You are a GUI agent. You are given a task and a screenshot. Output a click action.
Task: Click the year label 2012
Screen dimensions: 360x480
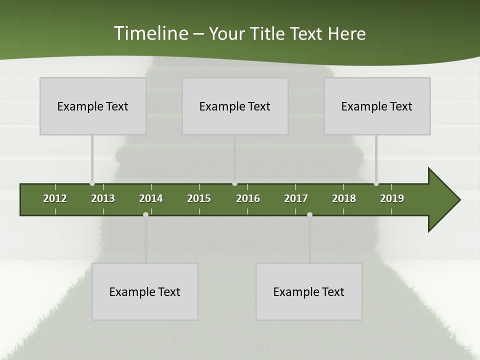(55, 198)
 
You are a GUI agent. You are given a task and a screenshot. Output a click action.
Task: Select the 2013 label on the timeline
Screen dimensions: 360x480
(103, 198)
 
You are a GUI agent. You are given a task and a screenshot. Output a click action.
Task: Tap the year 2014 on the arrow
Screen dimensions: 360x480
(151, 198)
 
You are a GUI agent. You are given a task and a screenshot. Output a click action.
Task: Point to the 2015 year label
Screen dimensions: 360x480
(199, 198)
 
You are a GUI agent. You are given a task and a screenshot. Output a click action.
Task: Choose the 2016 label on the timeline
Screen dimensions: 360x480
(248, 198)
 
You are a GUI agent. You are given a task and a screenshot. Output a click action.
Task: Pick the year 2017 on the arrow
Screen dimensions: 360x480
(296, 198)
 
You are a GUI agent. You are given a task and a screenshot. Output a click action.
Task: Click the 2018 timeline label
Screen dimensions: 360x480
(344, 198)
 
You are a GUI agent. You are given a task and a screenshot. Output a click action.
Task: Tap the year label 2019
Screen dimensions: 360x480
(392, 198)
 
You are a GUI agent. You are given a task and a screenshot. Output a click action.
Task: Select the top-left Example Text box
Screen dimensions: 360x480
(93, 106)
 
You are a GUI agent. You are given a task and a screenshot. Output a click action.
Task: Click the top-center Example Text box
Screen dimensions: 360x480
(235, 106)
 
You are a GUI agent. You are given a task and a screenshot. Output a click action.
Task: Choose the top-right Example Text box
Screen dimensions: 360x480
(377, 106)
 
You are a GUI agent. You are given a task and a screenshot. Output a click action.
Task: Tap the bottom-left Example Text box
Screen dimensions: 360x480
(145, 291)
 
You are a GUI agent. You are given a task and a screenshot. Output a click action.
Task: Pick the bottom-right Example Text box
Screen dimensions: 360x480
(309, 291)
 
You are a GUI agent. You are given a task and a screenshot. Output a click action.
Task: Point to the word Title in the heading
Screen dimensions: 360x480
(270, 34)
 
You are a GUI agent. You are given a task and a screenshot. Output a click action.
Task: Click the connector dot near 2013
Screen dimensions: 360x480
(92, 183)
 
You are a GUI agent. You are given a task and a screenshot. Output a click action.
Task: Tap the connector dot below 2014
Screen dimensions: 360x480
(145, 215)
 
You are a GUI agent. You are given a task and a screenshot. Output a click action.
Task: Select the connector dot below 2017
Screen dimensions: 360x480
(309, 215)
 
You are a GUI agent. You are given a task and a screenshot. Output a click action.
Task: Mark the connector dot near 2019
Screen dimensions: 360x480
(376, 183)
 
